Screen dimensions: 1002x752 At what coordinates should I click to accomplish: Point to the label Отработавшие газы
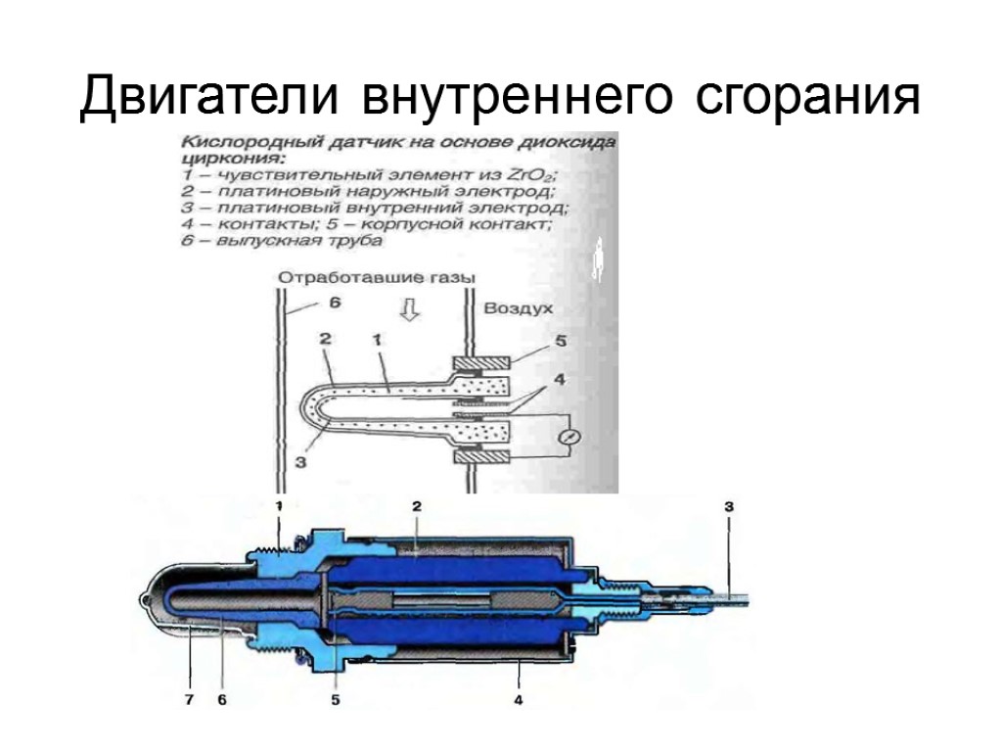(377, 278)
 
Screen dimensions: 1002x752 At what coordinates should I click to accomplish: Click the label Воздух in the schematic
(519, 307)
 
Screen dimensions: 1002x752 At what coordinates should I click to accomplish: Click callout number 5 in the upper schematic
(561, 341)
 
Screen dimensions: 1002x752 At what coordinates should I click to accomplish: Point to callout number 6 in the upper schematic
(334, 305)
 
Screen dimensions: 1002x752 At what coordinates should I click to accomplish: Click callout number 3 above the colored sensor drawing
(728, 506)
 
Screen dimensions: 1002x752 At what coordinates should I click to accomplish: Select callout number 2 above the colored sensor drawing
(416, 506)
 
